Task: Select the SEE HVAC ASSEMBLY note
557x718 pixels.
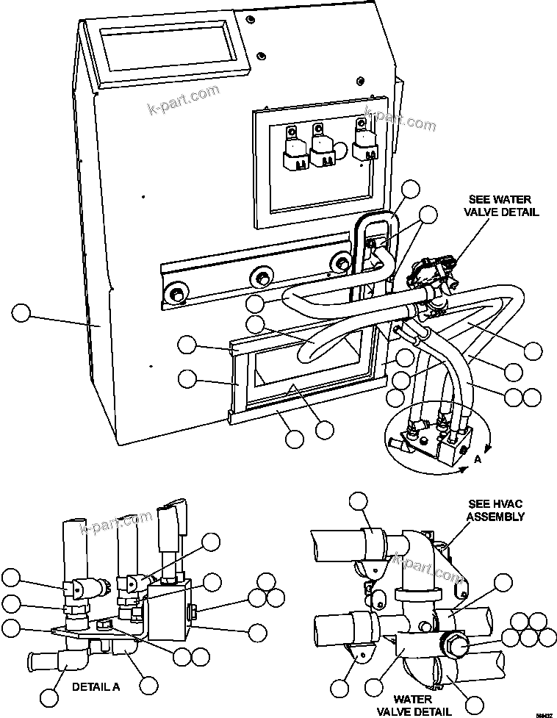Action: [x=497, y=511]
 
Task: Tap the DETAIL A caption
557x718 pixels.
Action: [x=96, y=687]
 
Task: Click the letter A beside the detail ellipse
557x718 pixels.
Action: [x=478, y=460]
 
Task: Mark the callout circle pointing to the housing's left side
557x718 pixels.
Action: [x=21, y=314]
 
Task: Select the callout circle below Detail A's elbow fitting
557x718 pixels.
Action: [x=49, y=696]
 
